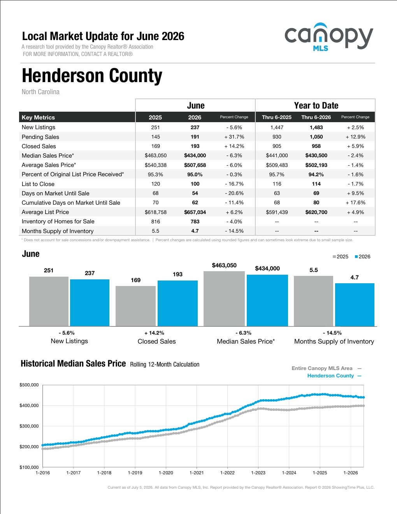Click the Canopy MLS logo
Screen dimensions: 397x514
[x=329, y=37]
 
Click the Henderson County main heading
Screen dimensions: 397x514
[x=92, y=76]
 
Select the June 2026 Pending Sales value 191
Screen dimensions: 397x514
[x=195, y=137]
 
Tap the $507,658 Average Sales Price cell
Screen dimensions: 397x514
[x=195, y=165]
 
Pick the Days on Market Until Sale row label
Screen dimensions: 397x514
[x=55, y=193]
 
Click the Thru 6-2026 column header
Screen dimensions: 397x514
[x=316, y=118]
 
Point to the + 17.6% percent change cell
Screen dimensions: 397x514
[x=355, y=203]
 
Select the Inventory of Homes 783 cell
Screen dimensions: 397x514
[x=195, y=222]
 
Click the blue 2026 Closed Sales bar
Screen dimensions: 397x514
[x=178, y=303]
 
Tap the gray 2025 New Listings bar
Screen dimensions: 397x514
[x=49, y=301]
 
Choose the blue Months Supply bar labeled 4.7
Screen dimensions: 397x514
[x=355, y=305]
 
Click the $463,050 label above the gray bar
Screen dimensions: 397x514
[x=224, y=265]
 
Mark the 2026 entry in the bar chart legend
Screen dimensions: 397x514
[x=362, y=257]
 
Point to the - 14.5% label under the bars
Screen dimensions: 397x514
[x=332, y=333]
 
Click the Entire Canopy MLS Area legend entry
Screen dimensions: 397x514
[x=327, y=368]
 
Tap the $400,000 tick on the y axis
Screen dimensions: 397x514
[x=29, y=406]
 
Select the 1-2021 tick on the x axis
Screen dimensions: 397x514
[x=197, y=473]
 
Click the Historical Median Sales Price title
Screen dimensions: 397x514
[x=73, y=363]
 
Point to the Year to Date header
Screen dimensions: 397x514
[x=316, y=105]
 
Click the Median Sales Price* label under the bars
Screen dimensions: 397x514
[x=246, y=342]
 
